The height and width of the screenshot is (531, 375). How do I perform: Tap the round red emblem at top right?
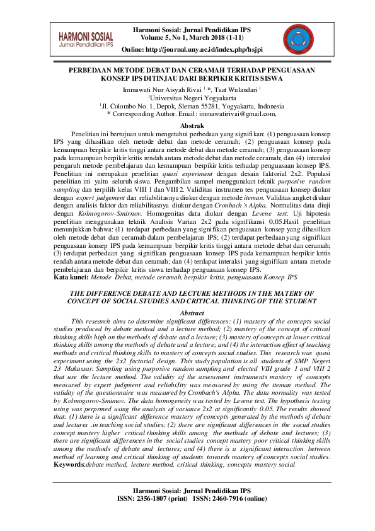tap(291, 37)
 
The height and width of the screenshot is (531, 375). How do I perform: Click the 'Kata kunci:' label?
tap(70, 277)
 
